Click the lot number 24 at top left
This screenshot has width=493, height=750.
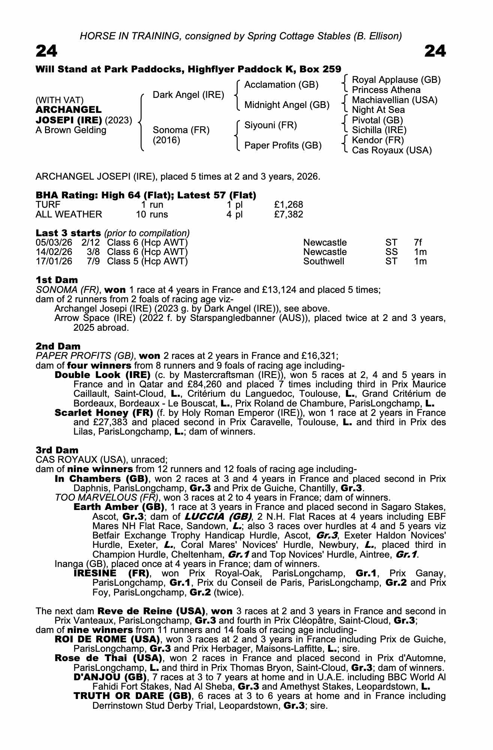click(x=46, y=51)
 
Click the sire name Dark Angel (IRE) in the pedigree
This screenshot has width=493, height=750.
click(x=188, y=95)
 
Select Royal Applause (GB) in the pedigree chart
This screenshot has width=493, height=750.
click(x=396, y=80)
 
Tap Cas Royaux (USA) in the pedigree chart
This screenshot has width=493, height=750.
click(x=392, y=150)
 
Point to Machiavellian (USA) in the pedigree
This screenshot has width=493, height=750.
click(x=394, y=100)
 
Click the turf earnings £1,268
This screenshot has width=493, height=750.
click(x=288, y=205)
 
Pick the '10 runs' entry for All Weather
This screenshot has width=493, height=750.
click(x=151, y=214)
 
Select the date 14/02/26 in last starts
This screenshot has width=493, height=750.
click(x=54, y=252)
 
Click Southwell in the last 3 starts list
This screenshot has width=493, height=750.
click(x=324, y=261)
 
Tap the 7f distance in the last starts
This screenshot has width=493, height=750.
click(x=418, y=243)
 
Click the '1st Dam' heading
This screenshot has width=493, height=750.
click(x=57, y=280)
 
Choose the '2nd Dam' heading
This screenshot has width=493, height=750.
click(x=58, y=346)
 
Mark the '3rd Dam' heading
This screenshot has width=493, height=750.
click(x=57, y=450)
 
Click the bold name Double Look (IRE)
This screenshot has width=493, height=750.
click(x=102, y=375)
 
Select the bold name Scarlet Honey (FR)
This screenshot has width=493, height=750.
click(x=103, y=413)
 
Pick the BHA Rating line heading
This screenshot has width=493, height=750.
click(x=146, y=195)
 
